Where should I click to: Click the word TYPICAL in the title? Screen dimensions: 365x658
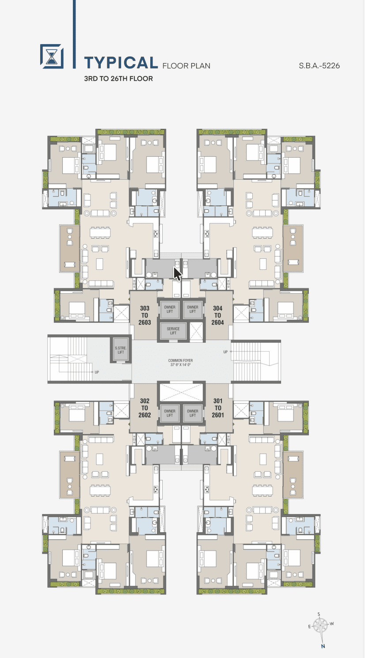121,63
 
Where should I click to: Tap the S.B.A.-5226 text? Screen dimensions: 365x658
319,65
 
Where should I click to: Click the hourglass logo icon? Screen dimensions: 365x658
52,57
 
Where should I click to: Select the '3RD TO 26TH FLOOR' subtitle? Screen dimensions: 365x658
118,79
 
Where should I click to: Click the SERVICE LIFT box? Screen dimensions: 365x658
173,331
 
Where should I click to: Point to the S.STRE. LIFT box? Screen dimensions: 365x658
121,350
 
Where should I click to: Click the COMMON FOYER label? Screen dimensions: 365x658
180,363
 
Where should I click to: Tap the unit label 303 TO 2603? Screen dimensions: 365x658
144,315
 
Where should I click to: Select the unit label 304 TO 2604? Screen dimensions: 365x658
217,315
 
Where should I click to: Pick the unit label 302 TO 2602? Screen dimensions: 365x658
144,408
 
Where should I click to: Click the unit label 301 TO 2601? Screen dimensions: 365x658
218,408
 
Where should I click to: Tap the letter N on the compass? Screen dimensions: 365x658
323,646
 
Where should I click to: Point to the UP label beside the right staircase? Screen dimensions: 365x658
225,352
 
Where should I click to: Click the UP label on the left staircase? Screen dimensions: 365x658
97,372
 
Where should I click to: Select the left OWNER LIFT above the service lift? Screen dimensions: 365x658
170,309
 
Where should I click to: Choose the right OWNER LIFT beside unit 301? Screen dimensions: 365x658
193,413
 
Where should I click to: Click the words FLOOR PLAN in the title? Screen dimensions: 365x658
186,66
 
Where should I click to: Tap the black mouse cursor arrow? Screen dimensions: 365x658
177,274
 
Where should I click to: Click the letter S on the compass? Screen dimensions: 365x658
319,614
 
